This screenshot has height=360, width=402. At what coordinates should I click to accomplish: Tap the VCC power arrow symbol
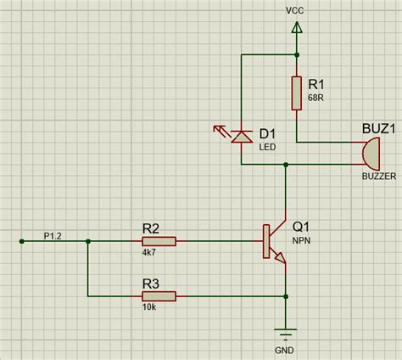tap(297, 29)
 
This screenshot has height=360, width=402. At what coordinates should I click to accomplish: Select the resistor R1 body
tap(297, 93)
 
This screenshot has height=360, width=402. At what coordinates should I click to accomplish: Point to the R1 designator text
tap(316, 85)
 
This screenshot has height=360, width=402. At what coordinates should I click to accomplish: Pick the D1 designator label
tap(268, 133)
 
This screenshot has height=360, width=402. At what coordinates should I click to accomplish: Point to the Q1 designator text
tap(302, 227)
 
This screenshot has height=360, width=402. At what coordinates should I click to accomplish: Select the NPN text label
tap(301, 241)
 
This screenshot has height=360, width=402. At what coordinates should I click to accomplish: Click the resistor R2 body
tap(159, 241)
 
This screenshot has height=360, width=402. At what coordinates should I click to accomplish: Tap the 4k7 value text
tap(149, 252)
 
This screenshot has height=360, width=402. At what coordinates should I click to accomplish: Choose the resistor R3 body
tap(159, 295)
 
